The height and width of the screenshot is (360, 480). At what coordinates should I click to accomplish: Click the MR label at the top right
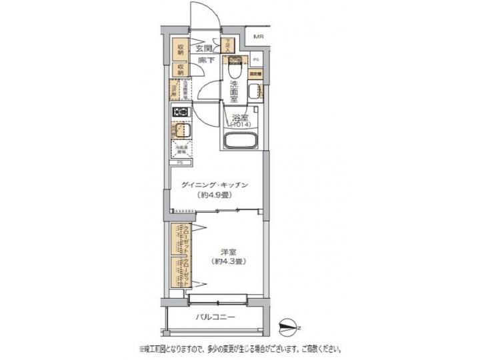[257, 37]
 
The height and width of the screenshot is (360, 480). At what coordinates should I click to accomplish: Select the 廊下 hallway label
[205, 61]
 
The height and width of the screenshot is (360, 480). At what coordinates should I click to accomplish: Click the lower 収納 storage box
[180, 69]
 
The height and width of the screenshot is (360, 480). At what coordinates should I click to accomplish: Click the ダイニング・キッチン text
[214, 185]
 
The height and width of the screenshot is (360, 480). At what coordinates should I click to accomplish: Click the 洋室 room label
[227, 251]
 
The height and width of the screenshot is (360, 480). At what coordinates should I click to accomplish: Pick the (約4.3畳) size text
[227, 262]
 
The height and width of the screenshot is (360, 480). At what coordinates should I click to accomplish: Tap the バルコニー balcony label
[215, 317]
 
